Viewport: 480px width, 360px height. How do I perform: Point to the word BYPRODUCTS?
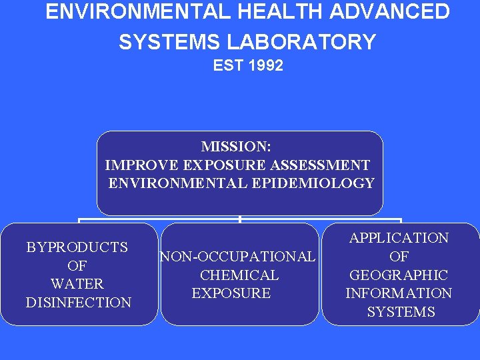pyautogui.click(x=77, y=247)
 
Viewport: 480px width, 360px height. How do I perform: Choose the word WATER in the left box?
pyautogui.click(x=77, y=284)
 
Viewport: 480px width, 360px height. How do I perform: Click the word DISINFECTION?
pyautogui.click(x=79, y=303)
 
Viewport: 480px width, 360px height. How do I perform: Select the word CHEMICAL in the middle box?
pyautogui.click(x=239, y=275)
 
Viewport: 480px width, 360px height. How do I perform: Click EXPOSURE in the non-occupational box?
pyautogui.click(x=231, y=293)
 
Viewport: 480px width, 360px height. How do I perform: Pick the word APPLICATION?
pyautogui.click(x=399, y=238)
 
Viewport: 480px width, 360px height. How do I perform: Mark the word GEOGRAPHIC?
pyautogui.click(x=399, y=275)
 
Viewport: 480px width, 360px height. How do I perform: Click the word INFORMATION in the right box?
pyautogui.click(x=399, y=293)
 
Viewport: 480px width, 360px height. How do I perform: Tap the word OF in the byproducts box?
pyautogui.click(x=77, y=266)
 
